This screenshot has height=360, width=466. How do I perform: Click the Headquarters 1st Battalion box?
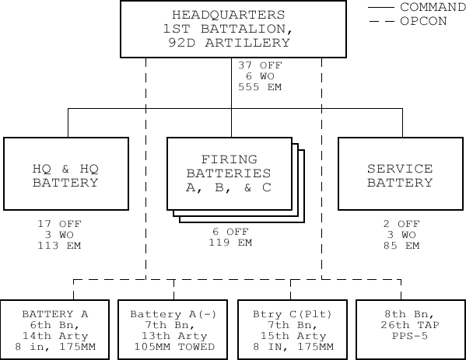(233, 29)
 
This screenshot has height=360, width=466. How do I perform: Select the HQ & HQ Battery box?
(66, 173)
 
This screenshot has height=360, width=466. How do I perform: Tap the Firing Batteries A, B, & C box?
(229, 173)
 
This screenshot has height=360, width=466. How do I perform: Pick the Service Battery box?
(401, 173)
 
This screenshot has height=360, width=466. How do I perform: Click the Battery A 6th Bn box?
(54, 330)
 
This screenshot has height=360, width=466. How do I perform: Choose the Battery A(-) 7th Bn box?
(173, 330)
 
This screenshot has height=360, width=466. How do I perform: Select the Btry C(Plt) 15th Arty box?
(293, 330)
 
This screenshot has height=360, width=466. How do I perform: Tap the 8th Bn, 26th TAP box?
(411, 330)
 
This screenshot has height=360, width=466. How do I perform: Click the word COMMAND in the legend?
(433, 7)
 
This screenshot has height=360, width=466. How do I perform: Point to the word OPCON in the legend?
(423, 21)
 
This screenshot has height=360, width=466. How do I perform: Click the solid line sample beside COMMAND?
(381, 7)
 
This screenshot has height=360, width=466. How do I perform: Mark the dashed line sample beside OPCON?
(382, 22)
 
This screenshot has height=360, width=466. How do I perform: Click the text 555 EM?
(260, 87)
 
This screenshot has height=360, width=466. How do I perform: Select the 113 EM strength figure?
(59, 246)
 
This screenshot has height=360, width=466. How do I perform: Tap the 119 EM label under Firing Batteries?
(230, 243)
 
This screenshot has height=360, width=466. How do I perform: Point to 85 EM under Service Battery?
(401, 246)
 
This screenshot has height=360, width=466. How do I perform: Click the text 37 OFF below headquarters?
(260, 65)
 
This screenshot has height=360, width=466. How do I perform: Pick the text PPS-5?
(410, 336)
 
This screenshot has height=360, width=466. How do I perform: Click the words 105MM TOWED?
(174, 347)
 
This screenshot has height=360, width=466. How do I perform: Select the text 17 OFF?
(59, 224)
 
